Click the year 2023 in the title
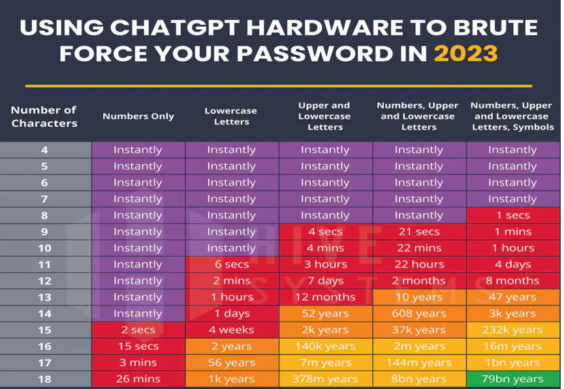tap(466, 54)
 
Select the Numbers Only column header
tap(138, 116)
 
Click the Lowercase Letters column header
tap(231, 116)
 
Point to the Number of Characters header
tap(44, 116)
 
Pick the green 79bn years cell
tap(512, 379)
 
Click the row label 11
tap(44, 264)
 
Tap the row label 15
tap(44, 330)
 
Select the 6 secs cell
tap(232, 264)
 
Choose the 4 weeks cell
tap(232, 330)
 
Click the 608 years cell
tap(419, 313)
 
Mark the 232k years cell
tap(512, 330)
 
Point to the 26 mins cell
tap(138, 379)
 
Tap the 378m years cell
tap(325, 379)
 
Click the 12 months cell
tap(325, 298)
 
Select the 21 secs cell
tap(419, 232)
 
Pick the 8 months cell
tap(512, 281)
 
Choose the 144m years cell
tap(419, 363)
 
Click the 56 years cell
tap(232, 363)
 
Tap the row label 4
tap(44, 150)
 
